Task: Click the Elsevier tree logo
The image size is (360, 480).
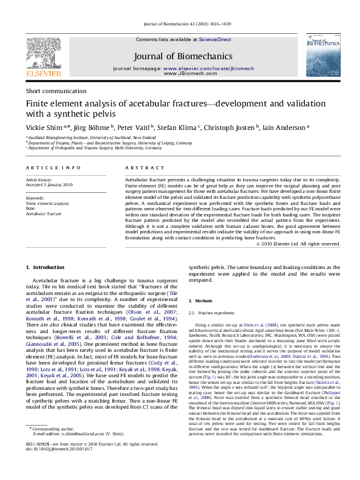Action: (x=43, y=54)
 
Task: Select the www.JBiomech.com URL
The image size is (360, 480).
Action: (x=181, y=73)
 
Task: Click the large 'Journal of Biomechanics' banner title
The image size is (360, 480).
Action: (x=180, y=56)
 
